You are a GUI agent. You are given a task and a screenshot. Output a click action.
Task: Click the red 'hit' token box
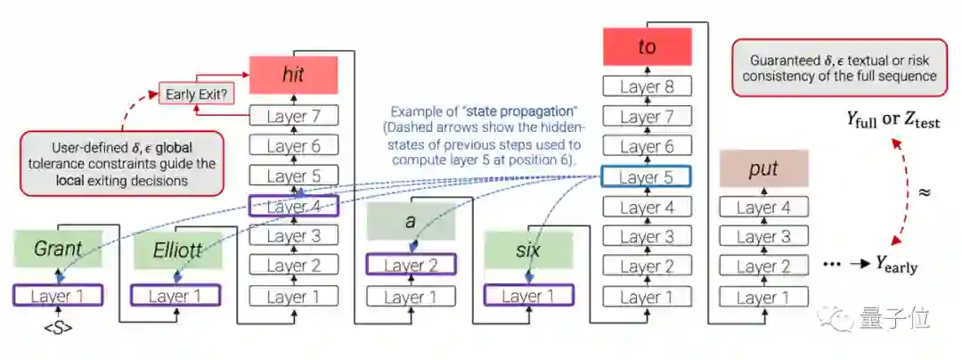click(x=293, y=76)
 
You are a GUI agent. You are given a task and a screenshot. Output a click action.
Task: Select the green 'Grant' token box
click(x=58, y=250)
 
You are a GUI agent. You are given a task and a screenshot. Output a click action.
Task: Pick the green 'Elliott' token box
click(x=175, y=250)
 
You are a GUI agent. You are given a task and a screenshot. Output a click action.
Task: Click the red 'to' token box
click(x=648, y=47)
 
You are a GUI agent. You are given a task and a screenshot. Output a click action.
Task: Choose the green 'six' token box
click(x=528, y=250)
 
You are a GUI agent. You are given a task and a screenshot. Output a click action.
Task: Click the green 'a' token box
click(x=411, y=220)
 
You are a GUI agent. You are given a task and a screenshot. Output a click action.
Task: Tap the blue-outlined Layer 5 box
click(x=648, y=177)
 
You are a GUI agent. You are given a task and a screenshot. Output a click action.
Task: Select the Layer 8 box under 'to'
click(x=648, y=86)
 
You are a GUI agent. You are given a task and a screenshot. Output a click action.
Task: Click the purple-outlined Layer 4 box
click(x=293, y=206)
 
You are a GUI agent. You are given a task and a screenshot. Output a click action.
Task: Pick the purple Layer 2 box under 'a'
click(x=411, y=266)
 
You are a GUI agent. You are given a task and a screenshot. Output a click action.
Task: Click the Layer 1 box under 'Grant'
click(x=58, y=296)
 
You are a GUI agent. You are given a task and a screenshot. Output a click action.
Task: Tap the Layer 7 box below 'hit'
click(x=293, y=115)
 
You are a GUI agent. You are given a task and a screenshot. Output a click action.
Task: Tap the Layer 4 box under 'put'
click(x=762, y=208)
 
